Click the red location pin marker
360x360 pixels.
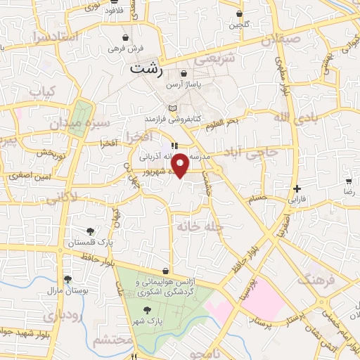tap(180, 165)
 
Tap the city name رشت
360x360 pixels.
tap(147, 70)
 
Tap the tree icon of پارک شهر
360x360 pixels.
tap(146, 310)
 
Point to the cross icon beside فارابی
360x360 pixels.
tap(298, 188)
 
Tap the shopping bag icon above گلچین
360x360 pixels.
tap(240, 13)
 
